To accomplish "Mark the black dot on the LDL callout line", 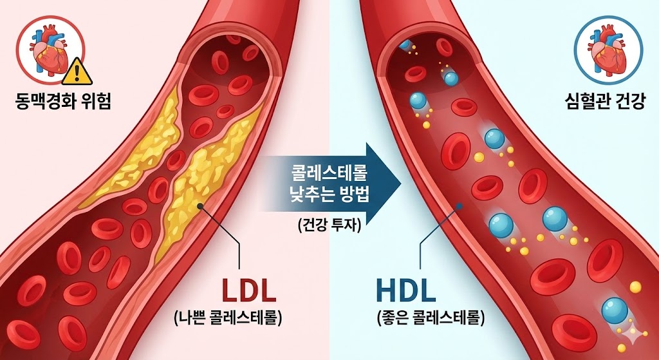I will (201, 207).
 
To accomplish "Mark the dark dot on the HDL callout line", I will (459, 206).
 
